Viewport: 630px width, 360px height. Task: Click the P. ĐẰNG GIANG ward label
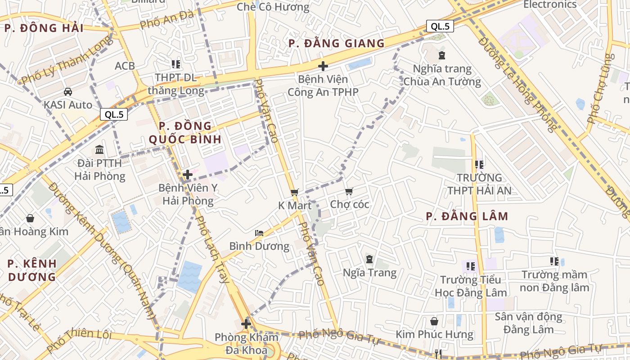pyautogui.click(x=337, y=43)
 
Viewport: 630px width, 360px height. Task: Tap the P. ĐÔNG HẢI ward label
pyautogui.click(x=44, y=28)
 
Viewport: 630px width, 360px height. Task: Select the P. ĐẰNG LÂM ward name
pyautogui.click(x=467, y=216)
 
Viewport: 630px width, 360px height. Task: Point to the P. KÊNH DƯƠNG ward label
pyautogui.click(x=32, y=270)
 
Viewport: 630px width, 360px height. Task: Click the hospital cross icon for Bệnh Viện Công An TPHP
pyautogui.click(x=323, y=67)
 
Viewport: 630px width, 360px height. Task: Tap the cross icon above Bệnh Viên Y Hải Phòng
pyautogui.click(x=188, y=174)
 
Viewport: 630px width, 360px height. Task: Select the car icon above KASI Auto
pyautogui.click(x=68, y=92)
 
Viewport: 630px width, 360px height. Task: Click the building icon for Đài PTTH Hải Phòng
pyautogui.click(x=99, y=149)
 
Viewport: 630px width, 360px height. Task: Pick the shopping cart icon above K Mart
pyautogui.click(x=295, y=192)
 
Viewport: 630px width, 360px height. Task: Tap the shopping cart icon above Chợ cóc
pyautogui.click(x=349, y=192)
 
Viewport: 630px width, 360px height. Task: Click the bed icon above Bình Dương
pyautogui.click(x=259, y=233)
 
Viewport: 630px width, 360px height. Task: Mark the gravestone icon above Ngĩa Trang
pyautogui.click(x=369, y=259)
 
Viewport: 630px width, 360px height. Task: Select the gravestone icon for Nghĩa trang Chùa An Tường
pyautogui.click(x=442, y=56)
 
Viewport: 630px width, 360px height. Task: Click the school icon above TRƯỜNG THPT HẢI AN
pyautogui.click(x=479, y=165)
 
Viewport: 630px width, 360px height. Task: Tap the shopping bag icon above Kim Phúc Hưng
pyautogui.click(x=434, y=321)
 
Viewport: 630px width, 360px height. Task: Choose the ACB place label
pyautogui.click(x=125, y=66)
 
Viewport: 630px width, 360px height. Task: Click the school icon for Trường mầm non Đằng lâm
pyautogui.click(x=554, y=261)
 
